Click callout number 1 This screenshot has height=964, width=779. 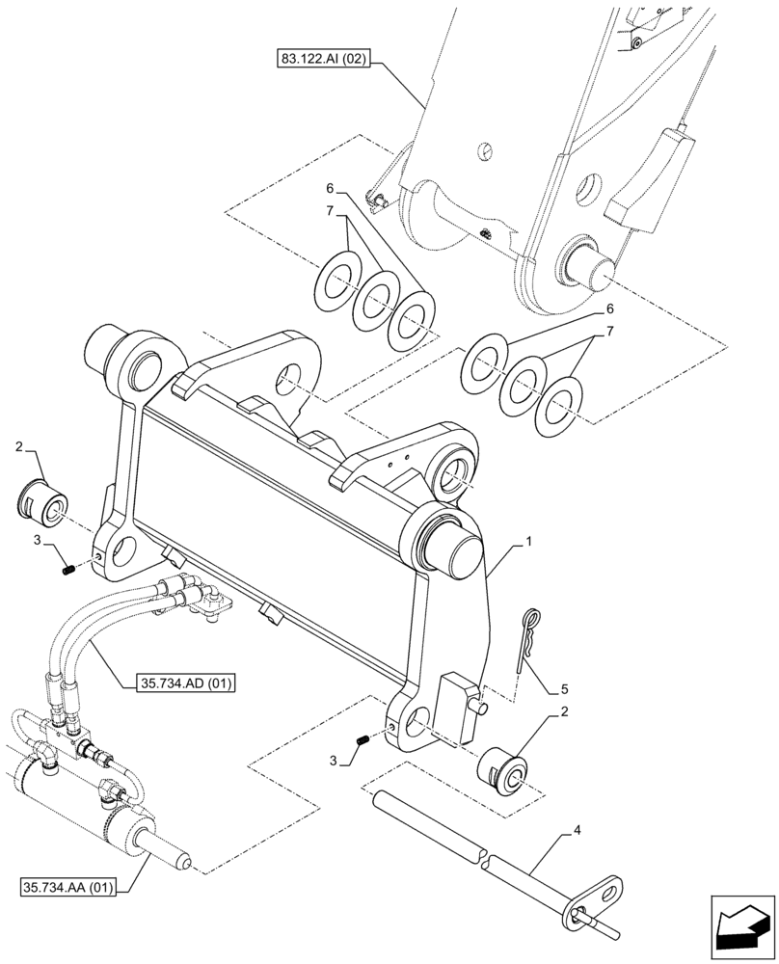click(527, 544)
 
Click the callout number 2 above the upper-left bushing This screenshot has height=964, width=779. click(19, 447)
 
